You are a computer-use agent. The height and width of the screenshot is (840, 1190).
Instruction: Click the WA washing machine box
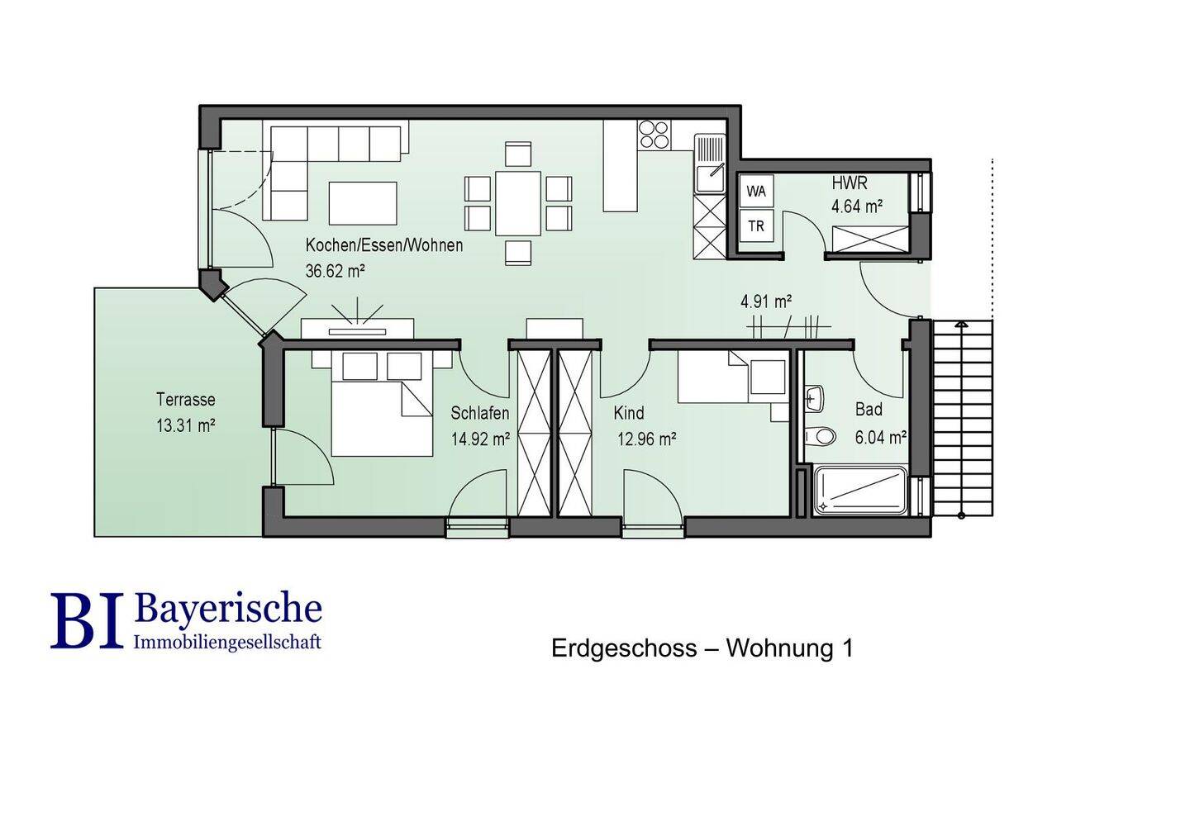[x=756, y=191]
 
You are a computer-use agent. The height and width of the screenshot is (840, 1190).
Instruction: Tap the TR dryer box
[x=756, y=225]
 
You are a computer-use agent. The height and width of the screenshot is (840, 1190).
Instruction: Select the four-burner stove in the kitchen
[x=654, y=135]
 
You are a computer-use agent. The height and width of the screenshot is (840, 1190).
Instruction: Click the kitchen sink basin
[x=709, y=178]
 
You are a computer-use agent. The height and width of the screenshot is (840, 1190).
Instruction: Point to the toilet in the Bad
[x=821, y=436]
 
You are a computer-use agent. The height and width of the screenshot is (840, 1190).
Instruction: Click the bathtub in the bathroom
[x=861, y=491]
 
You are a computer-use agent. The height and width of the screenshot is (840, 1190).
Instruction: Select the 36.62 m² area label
[x=335, y=271]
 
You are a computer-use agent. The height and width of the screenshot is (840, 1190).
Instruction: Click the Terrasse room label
[x=186, y=399]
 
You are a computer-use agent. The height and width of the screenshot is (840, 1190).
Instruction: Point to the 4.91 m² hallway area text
[x=767, y=301]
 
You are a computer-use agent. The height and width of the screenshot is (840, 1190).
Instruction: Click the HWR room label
[x=850, y=183]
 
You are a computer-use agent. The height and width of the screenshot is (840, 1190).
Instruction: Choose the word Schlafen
[x=479, y=413]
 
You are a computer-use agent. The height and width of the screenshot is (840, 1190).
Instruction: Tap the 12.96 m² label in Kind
[x=646, y=439]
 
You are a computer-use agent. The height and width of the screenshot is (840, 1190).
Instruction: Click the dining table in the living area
[x=518, y=203]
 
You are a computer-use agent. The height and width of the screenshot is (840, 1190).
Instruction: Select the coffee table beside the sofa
[x=363, y=203]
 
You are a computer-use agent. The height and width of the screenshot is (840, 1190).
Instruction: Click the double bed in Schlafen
[x=382, y=404]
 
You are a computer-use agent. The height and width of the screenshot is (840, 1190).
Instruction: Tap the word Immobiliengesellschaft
[x=228, y=642]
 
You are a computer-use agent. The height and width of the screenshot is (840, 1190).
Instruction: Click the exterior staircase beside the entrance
[x=962, y=417]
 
